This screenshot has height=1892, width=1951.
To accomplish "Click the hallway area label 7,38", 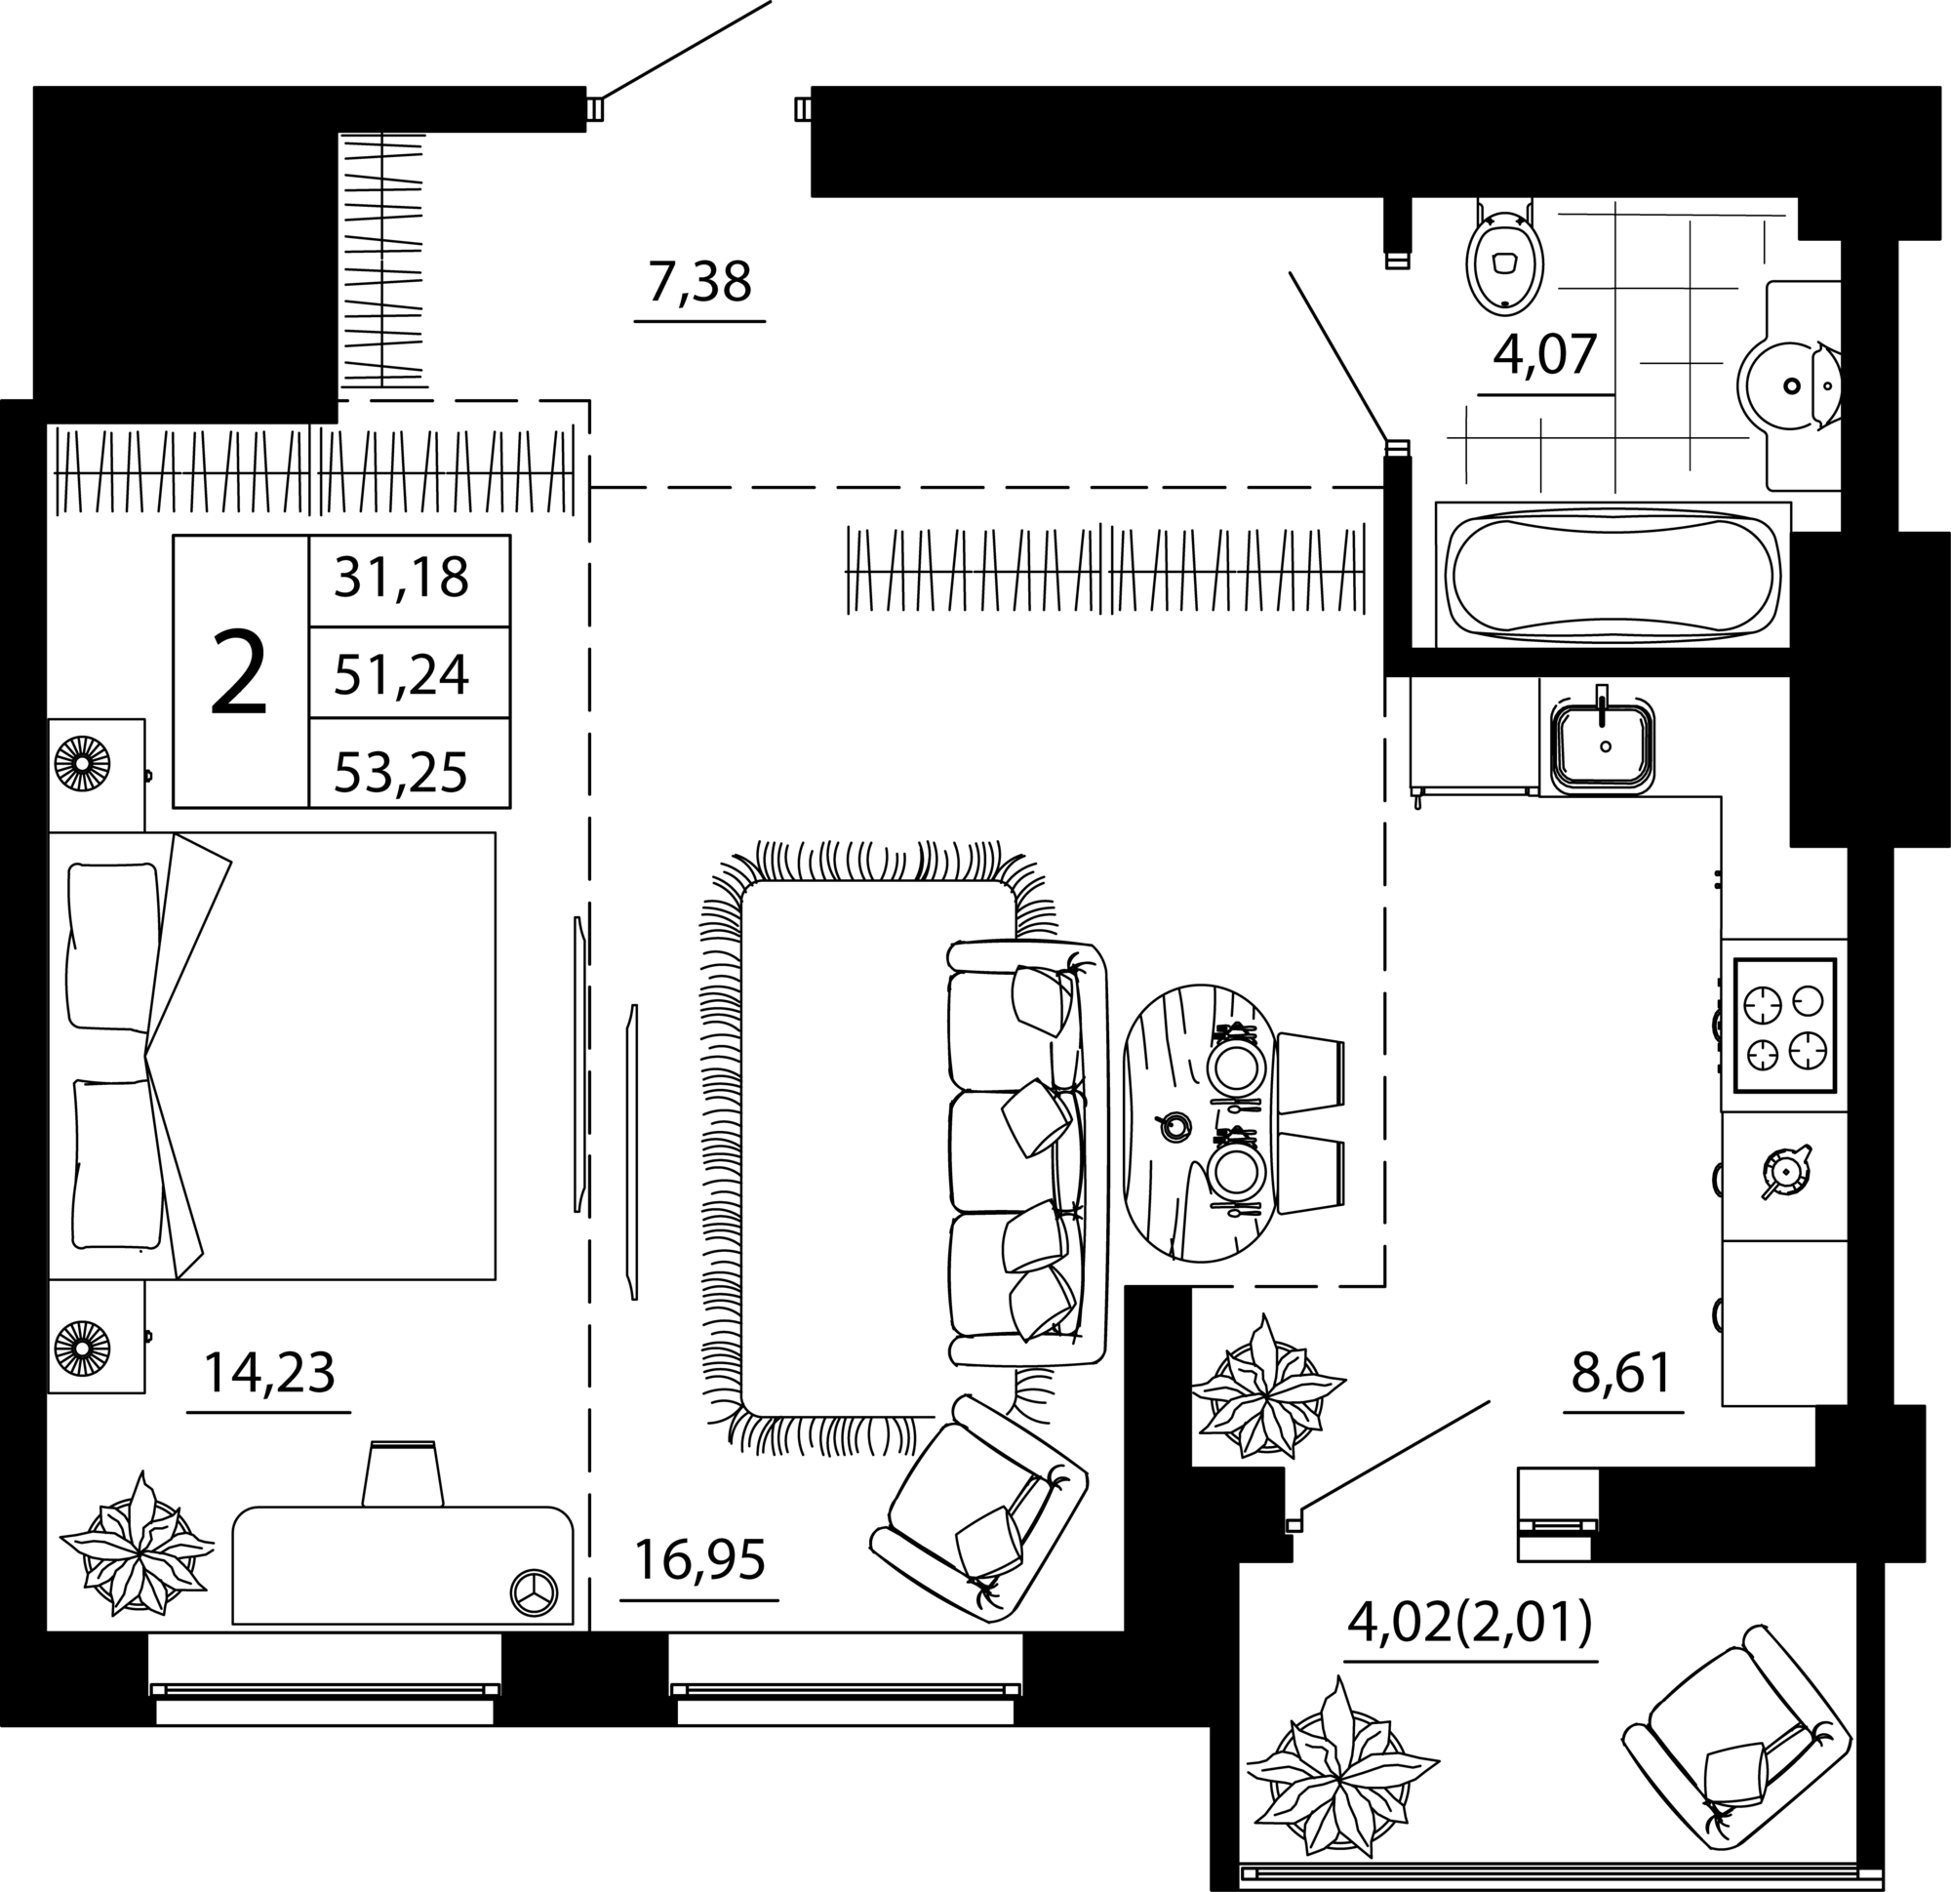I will coord(698,283).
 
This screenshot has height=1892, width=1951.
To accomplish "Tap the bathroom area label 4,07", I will coord(1545,354).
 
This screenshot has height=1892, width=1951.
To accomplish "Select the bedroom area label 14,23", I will coord(269,1373).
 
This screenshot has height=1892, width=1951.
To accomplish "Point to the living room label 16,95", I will coord(698,1560).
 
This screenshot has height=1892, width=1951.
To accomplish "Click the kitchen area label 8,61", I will coord(1621,1373).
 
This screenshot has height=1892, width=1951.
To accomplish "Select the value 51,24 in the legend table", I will coord(401,676).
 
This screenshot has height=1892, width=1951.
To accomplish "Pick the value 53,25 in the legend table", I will coord(401,773).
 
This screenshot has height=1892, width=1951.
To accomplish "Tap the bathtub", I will coord(1613,575).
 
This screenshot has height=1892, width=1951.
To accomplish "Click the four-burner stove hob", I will coord(1785,1026).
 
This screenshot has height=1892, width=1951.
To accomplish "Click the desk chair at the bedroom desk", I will coord(402,1474).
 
